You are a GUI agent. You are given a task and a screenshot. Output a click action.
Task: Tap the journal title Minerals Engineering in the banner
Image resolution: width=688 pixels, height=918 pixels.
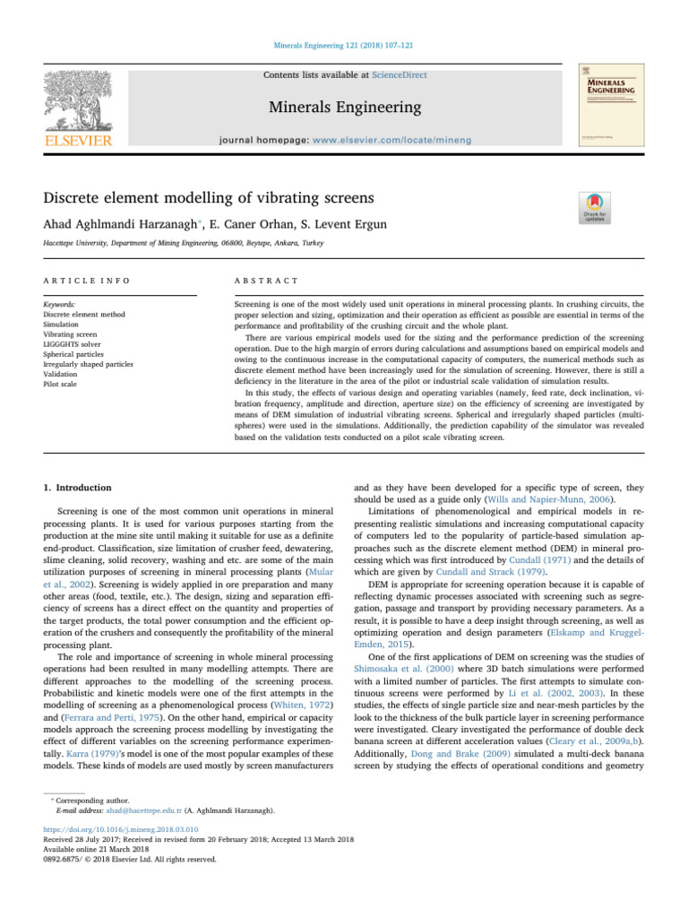point(344,108)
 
